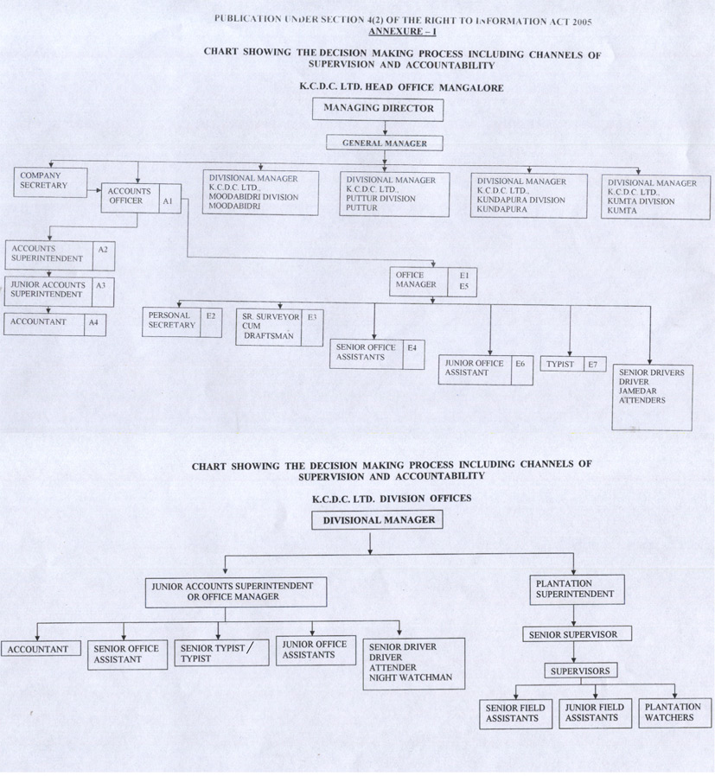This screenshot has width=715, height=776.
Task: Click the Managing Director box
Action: click(379, 110)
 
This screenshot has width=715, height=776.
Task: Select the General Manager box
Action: click(384, 143)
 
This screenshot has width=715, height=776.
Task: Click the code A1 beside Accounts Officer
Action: click(168, 200)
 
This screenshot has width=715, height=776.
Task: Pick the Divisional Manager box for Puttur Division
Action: click(394, 194)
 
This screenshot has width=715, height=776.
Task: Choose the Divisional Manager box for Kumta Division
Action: click(655, 197)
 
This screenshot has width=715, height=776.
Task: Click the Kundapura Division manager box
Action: click(528, 195)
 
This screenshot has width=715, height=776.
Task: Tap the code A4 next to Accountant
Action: click(94, 323)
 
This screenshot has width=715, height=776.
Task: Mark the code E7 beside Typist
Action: click(593, 365)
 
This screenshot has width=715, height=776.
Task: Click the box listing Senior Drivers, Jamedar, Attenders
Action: click(652, 397)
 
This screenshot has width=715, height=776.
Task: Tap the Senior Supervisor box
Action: click(577, 634)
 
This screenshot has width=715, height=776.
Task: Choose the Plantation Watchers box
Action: click(673, 713)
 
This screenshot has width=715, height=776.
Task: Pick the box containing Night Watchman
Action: click(413, 662)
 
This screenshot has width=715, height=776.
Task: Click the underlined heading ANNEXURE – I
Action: click(403, 30)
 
